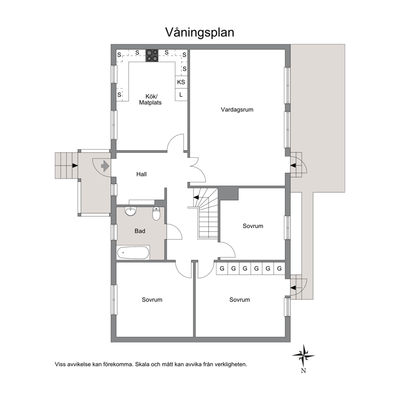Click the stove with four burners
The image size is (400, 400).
coord(152,56)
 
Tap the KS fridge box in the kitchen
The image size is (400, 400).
coord(181,82)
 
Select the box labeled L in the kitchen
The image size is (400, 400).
coord(181,95)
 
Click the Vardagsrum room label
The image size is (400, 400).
coord(237,110)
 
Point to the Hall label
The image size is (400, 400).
coord(141,174)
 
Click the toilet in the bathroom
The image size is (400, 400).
coord(156,214)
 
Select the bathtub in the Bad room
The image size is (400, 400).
coord(133,252)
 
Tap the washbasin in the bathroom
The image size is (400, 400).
coord(130,211)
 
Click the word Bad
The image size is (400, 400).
coord(140,231)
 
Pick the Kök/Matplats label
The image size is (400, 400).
coord(150,100)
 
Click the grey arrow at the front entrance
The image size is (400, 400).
coord(105,166)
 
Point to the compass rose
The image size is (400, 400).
coord(303,355)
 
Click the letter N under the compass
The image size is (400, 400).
coord(303,371)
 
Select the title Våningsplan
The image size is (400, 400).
coord(200,33)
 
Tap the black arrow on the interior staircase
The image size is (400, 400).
coord(196,198)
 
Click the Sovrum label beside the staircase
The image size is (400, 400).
coord(253,226)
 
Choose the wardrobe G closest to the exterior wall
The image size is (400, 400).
coord(279,269)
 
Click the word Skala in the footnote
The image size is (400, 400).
coord(142,364)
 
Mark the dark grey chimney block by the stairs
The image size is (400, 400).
coord(228,194)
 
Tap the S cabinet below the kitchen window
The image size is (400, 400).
coord(119,95)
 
